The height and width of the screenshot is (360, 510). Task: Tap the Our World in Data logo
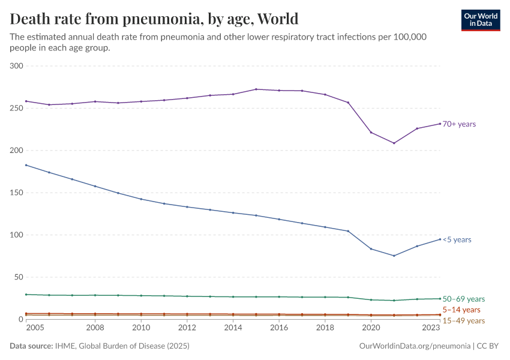click(480, 20)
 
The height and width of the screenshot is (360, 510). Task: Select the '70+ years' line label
click(459, 124)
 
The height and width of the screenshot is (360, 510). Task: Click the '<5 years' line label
click(457, 240)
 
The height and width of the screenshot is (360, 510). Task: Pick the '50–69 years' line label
click(463, 299)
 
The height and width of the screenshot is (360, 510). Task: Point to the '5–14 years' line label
click(461, 310)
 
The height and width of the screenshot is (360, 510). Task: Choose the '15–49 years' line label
click(463, 321)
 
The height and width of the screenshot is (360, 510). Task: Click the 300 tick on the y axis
click(16, 66)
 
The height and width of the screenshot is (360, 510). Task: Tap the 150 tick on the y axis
click(16, 193)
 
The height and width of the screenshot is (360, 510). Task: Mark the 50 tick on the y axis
click(17, 277)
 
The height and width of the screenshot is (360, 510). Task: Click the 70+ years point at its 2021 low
click(394, 143)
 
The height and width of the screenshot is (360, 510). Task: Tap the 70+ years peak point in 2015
click(256, 89)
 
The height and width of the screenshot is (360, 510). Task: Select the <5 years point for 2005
click(26, 165)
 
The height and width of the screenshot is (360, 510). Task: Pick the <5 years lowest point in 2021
click(394, 256)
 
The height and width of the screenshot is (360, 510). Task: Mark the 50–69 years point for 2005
click(26, 295)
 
